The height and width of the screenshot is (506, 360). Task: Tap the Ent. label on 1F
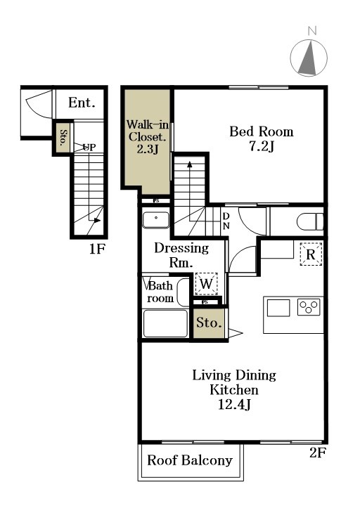pyautogui.click(x=82, y=103)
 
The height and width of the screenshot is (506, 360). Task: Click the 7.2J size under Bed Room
pyautogui.click(x=261, y=147)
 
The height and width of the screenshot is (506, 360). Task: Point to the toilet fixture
pyautogui.click(x=310, y=221)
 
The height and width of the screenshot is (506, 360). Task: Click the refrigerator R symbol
pyautogui.click(x=311, y=254)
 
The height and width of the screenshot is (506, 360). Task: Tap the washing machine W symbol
pyautogui.click(x=206, y=284)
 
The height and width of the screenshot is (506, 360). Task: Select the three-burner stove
pyautogui.click(x=309, y=307)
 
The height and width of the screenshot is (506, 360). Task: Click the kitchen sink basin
pyautogui.click(x=278, y=308)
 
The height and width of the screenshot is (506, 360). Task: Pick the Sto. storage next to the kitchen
pyautogui.click(x=210, y=323)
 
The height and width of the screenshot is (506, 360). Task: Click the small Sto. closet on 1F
pyautogui.click(x=63, y=138)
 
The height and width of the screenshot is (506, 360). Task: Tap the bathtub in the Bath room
pyautogui.click(x=165, y=323)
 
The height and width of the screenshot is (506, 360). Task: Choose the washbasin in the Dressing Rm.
pyautogui.click(x=156, y=220)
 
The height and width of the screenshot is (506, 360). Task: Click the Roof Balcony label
pyautogui.click(x=190, y=460)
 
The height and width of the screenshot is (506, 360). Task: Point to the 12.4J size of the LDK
pyautogui.click(x=234, y=404)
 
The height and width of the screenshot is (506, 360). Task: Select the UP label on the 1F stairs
pyautogui.click(x=89, y=148)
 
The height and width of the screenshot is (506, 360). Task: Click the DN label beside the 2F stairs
pyautogui.click(x=226, y=221)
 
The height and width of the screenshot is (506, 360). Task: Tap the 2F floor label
pyautogui.click(x=317, y=453)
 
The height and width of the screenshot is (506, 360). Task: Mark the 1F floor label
pyautogui.click(x=97, y=249)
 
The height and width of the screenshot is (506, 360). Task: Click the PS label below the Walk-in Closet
pyautogui.click(x=156, y=201)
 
